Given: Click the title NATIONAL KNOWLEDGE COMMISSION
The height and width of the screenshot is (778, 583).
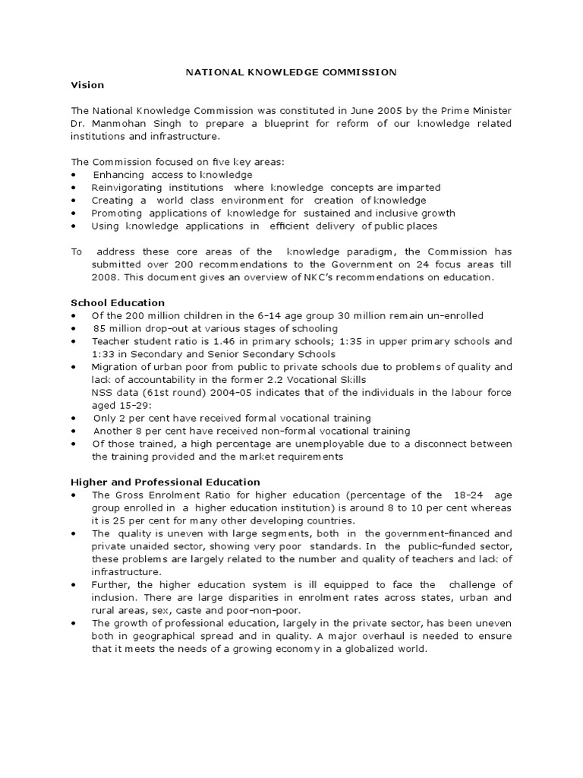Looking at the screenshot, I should pyautogui.click(x=291, y=72).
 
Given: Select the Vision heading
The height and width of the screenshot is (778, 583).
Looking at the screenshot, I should pyautogui.click(x=87, y=84).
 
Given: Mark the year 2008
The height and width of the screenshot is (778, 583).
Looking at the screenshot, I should pyautogui.click(x=104, y=277).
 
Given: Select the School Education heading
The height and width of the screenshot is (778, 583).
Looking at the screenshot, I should pyautogui.click(x=118, y=302).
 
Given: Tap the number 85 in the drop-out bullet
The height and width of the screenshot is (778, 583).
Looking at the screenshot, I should pyautogui.click(x=99, y=328).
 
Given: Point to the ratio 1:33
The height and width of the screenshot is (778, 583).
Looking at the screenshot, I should pyautogui.click(x=104, y=354).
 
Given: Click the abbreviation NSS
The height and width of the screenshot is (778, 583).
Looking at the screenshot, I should pyautogui.click(x=102, y=393).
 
